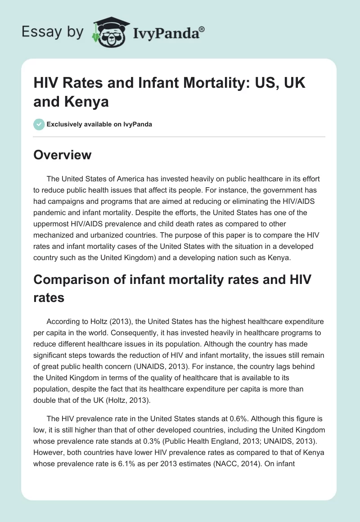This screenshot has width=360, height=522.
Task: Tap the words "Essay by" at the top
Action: pos(52,32)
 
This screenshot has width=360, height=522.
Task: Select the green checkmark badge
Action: pos(39,124)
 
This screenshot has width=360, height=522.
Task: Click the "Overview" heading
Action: pos(63,155)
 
